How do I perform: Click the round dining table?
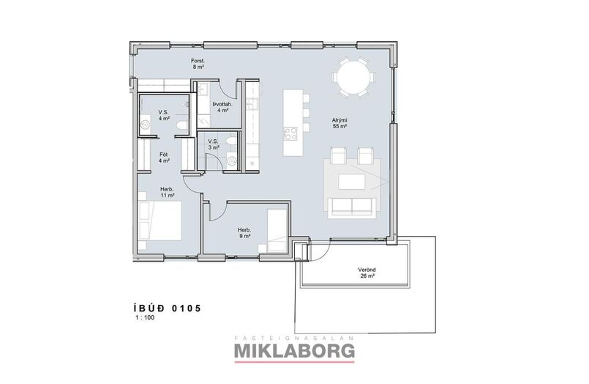click(353, 78)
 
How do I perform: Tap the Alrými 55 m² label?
click(339, 123)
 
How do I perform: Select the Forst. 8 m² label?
click(198, 64)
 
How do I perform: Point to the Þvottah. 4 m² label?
click(222, 107)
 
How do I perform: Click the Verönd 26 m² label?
click(367, 273)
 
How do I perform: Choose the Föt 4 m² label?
click(164, 158)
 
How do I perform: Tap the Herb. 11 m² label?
click(167, 193)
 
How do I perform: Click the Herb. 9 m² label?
click(244, 233)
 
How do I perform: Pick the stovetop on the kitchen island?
click(291, 133)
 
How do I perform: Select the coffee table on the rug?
click(352, 181)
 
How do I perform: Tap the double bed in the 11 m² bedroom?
click(160, 221)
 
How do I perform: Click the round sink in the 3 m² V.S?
click(232, 161)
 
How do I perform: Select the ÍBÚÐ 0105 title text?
click(167, 309)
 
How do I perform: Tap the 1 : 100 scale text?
click(145, 318)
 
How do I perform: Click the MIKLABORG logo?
click(294, 350)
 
